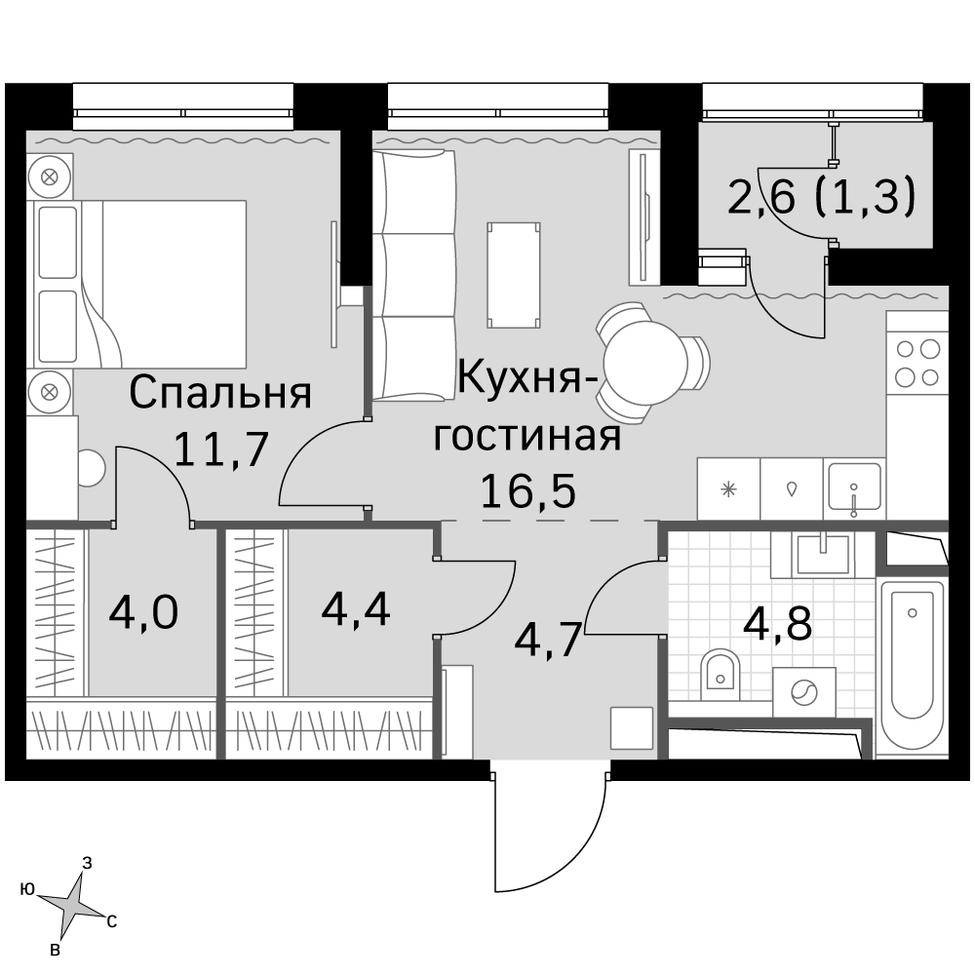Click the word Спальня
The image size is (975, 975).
[220, 393]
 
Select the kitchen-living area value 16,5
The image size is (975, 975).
[527, 491]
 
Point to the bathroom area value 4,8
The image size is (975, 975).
[777, 623]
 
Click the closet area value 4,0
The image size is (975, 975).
[143, 612]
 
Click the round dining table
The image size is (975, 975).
[645, 362]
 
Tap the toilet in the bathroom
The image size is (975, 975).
[721, 674]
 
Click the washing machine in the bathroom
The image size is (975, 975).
[804, 691]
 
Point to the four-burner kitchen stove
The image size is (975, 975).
[917, 363]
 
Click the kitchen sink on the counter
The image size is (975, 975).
[854, 488]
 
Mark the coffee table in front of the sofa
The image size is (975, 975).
[514, 275]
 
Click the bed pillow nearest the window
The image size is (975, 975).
[58, 242]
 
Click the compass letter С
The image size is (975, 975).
[111, 921]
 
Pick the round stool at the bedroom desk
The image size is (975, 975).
[91, 468]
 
